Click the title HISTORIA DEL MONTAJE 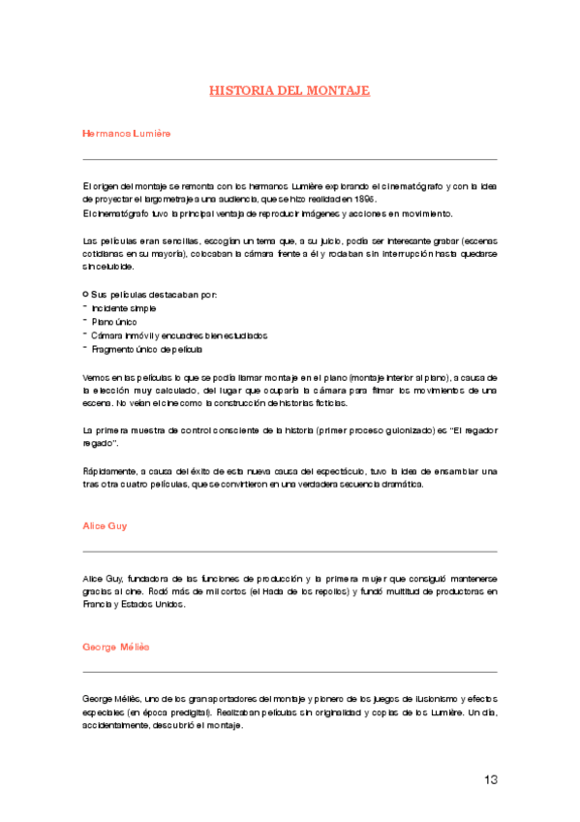[290, 90]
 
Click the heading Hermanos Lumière [127, 132]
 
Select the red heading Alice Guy [106, 525]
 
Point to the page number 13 [492, 778]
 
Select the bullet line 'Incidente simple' [123, 307]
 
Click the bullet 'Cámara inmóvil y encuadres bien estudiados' [179, 334]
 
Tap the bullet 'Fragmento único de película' [145, 348]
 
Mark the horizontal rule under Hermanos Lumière [290, 159]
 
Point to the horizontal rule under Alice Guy [290, 552]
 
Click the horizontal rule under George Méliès [290, 672]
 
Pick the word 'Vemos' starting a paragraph [96, 375]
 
